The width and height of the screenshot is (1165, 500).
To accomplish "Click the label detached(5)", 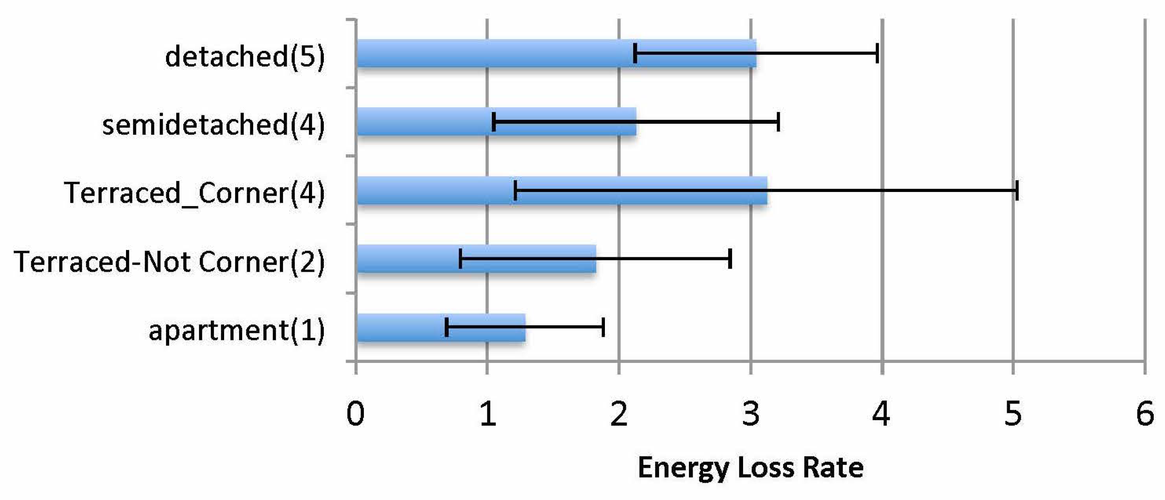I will (x=245, y=57).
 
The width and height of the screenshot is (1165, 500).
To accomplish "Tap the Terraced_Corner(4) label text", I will (x=195, y=193).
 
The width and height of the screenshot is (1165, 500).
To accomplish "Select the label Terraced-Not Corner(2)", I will (x=169, y=262).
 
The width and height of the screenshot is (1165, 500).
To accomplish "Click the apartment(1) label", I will (x=237, y=331).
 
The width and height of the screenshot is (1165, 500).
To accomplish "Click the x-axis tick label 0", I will (x=355, y=414).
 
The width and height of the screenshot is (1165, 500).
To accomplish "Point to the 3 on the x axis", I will (x=751, y=414).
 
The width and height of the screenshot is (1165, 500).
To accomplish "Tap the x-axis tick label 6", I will (x=1145, y=414).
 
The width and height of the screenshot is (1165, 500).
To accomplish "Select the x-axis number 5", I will (x=1013, y=414).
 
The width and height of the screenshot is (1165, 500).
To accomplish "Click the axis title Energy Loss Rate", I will (x=750, y=468).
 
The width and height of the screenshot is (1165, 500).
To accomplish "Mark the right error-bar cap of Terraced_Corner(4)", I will (x=1017, y=190).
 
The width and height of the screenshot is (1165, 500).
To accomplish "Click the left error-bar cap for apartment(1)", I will (x=446, y=327).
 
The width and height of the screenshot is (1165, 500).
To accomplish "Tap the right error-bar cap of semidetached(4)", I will (x=778, y=122).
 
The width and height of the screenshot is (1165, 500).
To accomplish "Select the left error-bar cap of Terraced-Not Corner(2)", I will (x=460, y=258).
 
